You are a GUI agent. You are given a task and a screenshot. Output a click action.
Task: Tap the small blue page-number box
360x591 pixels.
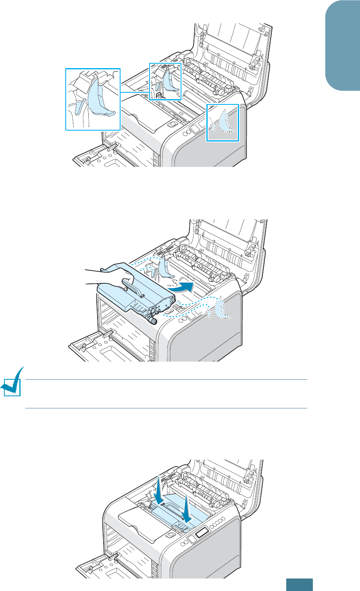[300, 585]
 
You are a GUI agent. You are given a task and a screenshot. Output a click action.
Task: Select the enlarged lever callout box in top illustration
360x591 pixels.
[93, 99]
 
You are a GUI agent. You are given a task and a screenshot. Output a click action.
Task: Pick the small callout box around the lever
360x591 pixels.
[165, 81]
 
